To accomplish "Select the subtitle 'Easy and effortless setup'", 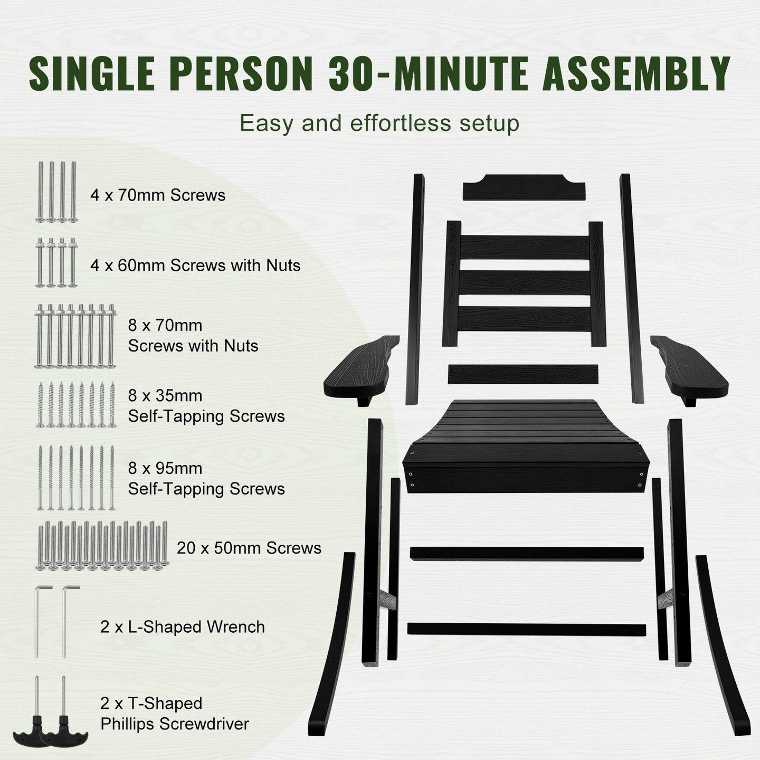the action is coord(379,123).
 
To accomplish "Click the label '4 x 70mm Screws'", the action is coord(158,195).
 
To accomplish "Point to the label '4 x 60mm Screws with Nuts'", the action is coord(195,265).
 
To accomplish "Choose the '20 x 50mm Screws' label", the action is coord(249,548).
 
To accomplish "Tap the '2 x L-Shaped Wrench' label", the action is coord(182,626).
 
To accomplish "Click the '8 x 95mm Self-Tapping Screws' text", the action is coord(206,478).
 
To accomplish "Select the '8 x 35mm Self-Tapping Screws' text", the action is coord(206,406).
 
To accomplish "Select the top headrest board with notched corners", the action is coord(524,187).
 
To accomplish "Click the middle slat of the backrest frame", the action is coord(525,283).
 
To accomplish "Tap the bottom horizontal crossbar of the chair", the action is coord(527,629).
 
